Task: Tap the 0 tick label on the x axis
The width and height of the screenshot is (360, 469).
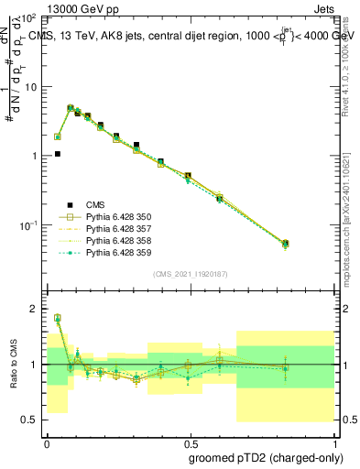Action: [x=47, y=442]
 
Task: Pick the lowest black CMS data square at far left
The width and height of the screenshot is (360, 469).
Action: [x=57, y=154]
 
